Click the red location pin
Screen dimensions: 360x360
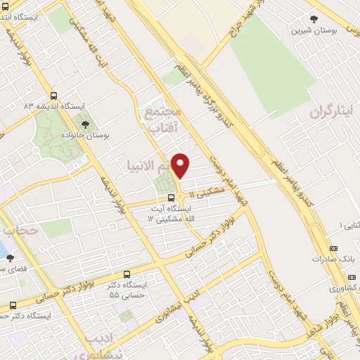point(181,166)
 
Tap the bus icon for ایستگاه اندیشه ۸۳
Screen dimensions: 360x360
point(55,97)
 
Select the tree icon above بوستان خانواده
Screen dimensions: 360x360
point(85,124)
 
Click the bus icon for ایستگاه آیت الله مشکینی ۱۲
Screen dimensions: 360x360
point(172,198)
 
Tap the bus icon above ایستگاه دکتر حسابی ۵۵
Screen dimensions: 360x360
point(127,274)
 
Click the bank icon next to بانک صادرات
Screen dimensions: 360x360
point(333,248)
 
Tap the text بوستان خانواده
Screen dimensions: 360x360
point(85,134)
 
